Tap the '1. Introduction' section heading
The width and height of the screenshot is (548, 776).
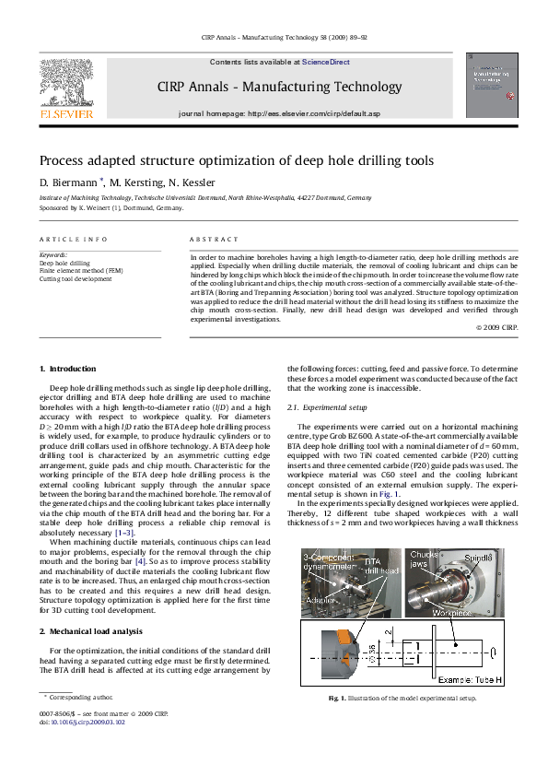tap(74, 369)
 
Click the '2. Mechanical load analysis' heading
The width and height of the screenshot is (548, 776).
tap(90, 631)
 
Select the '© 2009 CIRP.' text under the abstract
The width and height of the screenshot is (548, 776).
tap(496, 327)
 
